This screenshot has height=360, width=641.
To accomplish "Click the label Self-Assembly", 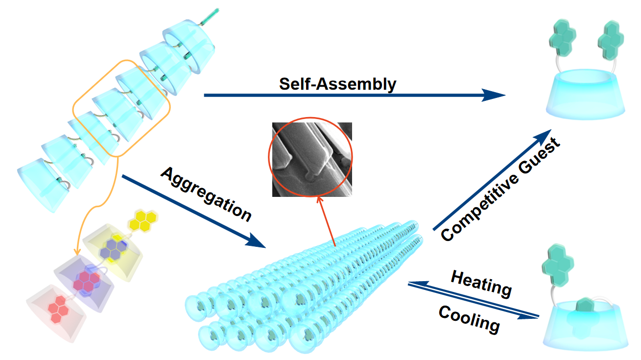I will point(337,84).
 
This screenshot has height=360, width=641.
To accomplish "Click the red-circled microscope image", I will point(312,159).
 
